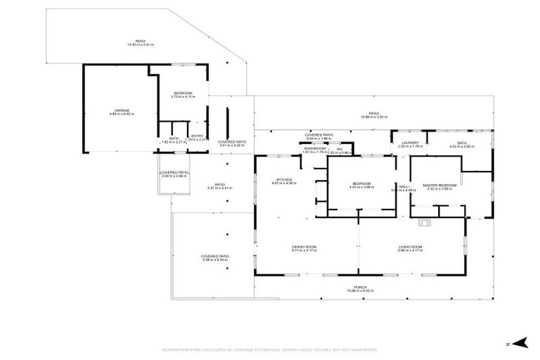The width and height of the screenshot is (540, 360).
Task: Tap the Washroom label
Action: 314,149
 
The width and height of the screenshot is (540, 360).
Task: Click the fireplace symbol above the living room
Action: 423,224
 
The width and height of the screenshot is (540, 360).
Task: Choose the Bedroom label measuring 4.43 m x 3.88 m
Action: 361,185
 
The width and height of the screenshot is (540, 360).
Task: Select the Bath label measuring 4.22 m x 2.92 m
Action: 461,144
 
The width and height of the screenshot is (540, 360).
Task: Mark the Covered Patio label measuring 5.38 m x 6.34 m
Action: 215,257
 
